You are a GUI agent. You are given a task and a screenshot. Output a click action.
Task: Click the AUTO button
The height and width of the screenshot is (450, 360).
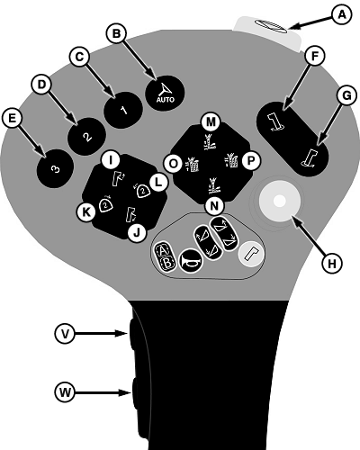[165, 94]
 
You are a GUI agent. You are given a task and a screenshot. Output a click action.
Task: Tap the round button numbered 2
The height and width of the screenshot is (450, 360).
[86, 137]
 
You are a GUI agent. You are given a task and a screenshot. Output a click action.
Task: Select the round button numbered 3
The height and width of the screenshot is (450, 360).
[55, 169]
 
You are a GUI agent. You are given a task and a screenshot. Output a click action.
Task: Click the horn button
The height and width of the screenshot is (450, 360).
[191, 262]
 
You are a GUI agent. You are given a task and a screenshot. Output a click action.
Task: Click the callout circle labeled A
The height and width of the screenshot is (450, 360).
[341, 15]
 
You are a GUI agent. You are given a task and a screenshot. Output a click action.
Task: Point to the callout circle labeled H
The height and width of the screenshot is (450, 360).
[332, 264]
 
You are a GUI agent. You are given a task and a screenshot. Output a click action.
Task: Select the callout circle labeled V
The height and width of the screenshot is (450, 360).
[65, 333]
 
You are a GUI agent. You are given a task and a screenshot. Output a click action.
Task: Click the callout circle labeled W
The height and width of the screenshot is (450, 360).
[65, 392]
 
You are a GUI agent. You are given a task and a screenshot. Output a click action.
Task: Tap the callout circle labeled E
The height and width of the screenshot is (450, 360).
[12, 119]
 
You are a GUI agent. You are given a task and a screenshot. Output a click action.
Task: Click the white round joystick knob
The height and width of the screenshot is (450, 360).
[280, 202]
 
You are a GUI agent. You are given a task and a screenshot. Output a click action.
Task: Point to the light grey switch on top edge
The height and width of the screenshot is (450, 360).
[268, 32]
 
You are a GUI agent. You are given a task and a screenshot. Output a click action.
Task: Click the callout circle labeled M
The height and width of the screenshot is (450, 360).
[211, 122]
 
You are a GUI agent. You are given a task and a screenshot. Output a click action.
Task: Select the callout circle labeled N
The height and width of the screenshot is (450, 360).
[214, 206]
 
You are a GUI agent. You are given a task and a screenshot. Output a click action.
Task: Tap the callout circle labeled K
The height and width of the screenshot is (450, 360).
[86, 212]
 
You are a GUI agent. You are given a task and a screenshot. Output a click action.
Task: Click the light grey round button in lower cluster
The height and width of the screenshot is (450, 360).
[251, 255]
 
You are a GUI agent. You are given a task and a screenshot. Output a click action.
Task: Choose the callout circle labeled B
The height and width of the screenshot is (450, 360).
[116, 33]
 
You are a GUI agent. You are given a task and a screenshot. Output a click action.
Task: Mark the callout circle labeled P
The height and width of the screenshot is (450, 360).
[250, 161]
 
